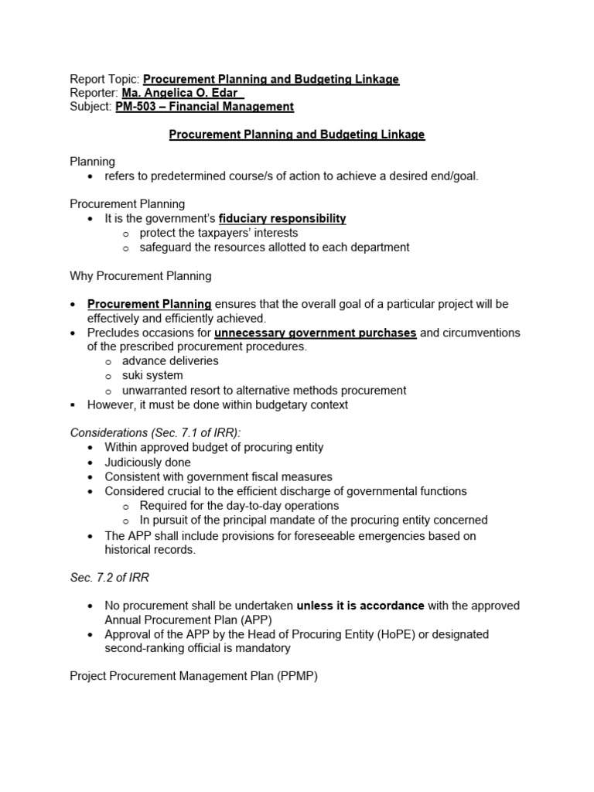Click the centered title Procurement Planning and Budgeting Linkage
297,135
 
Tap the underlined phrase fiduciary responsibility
282,219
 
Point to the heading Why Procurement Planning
140,275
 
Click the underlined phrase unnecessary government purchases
315,333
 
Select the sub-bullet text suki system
152,376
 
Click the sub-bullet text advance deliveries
170,361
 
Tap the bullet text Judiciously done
148,463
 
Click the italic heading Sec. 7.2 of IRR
105,578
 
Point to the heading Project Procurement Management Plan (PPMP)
193,676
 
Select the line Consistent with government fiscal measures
219,476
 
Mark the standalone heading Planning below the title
92,162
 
